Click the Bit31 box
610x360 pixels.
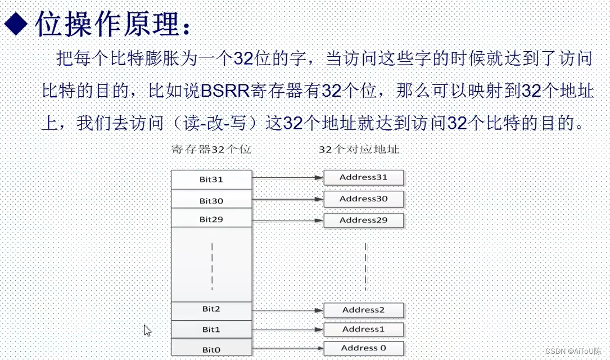tap(211, 179)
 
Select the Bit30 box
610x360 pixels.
tap(211, 200)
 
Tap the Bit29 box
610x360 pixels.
tap(211, 218)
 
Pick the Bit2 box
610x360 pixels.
tap(211, 309)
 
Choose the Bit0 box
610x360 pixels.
tap(211, 348)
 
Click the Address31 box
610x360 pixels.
tap(364, 178)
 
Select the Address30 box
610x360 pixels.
tap(364, 199)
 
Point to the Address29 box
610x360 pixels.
tap(364, 220)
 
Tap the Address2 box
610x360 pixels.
tap(364, 310)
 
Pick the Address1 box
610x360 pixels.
tap(364, 329)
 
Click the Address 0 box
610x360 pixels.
tap(364, 348)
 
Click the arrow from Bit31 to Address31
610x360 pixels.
tap(287, 178)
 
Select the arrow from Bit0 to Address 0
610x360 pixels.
tap(287, 348)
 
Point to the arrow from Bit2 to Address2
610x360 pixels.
tap(287, 310)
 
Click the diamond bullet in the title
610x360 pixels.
tap(17, 25)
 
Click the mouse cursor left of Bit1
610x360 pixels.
tap(147, 330)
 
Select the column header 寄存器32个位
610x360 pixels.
tap(211, 150)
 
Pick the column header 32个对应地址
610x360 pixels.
tap(359, 150)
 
